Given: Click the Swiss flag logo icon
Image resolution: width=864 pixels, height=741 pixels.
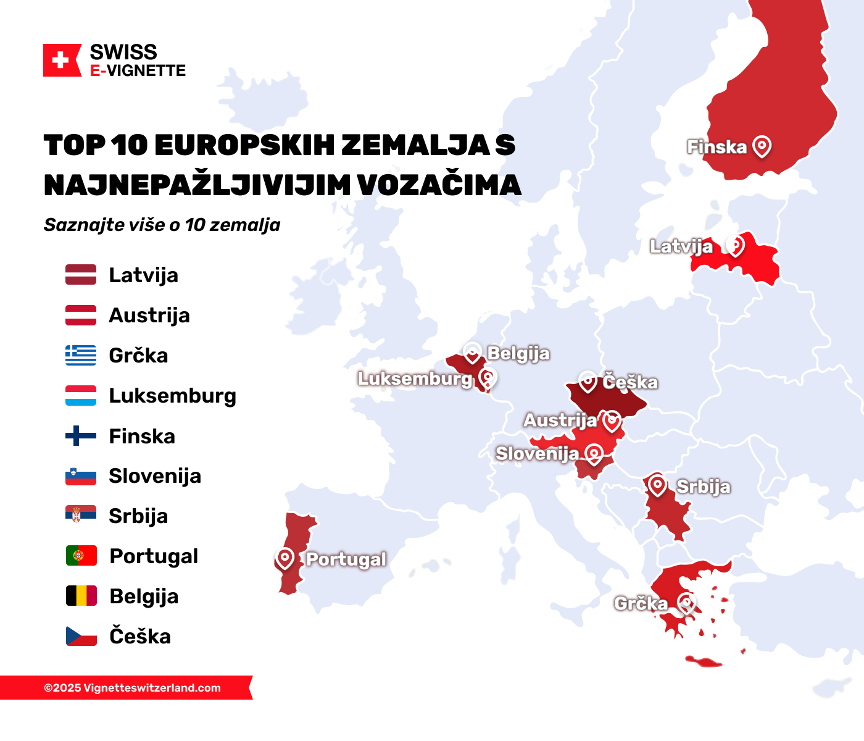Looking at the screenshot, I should tap(62, 61).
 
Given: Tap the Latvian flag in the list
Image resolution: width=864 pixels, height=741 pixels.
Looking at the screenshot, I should tap(81, 275).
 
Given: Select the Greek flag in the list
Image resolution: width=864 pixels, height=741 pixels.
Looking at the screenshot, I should tap(81, 355).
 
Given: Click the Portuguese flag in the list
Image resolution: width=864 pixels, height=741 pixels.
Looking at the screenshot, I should tap(81, 556).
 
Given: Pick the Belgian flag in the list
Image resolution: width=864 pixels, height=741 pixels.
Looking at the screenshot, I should tap(81, 596).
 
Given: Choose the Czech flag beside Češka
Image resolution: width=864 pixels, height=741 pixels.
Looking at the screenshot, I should tap(81, 636).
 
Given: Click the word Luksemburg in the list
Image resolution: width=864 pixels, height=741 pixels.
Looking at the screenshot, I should tap(172, 396).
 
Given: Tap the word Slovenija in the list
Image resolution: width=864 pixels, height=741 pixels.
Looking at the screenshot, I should tap(155, 476).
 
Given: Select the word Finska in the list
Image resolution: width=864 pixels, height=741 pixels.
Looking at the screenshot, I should tap(142, 437).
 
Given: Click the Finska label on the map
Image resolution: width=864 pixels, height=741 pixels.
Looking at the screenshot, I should tap(717, 147).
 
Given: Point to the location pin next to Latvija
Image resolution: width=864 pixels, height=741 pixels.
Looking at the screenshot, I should tap(734, 245).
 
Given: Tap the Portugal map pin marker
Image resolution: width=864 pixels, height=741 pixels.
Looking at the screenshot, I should tap(285, 558).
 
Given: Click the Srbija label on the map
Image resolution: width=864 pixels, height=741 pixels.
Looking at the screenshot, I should tap(703, 487).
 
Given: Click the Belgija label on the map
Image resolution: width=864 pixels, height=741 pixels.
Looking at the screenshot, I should tap(518, 353).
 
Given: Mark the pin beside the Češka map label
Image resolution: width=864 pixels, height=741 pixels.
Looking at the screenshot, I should tap(588, 381).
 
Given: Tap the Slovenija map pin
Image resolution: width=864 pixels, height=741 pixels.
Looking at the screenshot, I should tap(594, 454).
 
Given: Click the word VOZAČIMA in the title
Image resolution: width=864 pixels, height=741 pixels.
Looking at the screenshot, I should tap(439, 185).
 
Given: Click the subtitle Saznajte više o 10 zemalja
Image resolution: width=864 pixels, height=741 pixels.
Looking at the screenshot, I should tap(162, 225).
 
